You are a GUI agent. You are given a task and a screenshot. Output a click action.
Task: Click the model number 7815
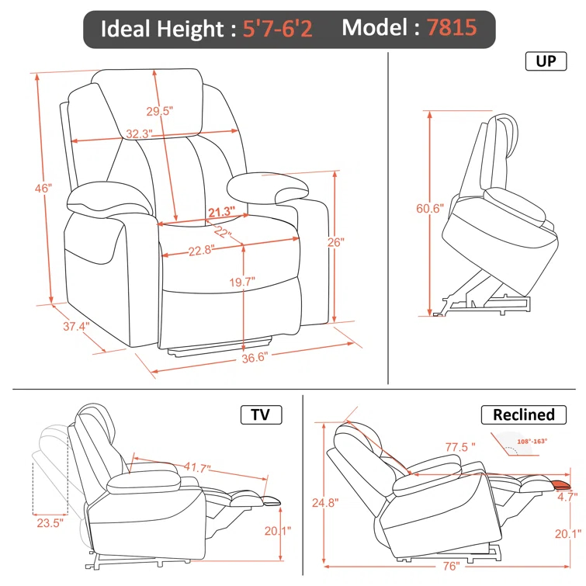coord(451,29)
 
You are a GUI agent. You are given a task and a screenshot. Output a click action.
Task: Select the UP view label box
coord(546,61)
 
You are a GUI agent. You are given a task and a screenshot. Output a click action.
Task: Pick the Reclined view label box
coord(524,414)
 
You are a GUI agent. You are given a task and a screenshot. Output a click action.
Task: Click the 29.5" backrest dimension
coord(159,111)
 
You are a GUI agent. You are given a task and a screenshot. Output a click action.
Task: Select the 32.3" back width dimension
coord(137,134)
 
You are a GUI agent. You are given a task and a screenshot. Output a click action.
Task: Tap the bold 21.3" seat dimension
coord(221,212)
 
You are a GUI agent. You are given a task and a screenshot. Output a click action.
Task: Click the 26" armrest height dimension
coord(335,242)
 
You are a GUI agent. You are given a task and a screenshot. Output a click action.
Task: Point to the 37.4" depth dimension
coord(76,327)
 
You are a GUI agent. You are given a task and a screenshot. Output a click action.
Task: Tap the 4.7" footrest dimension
coord(567,498)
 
